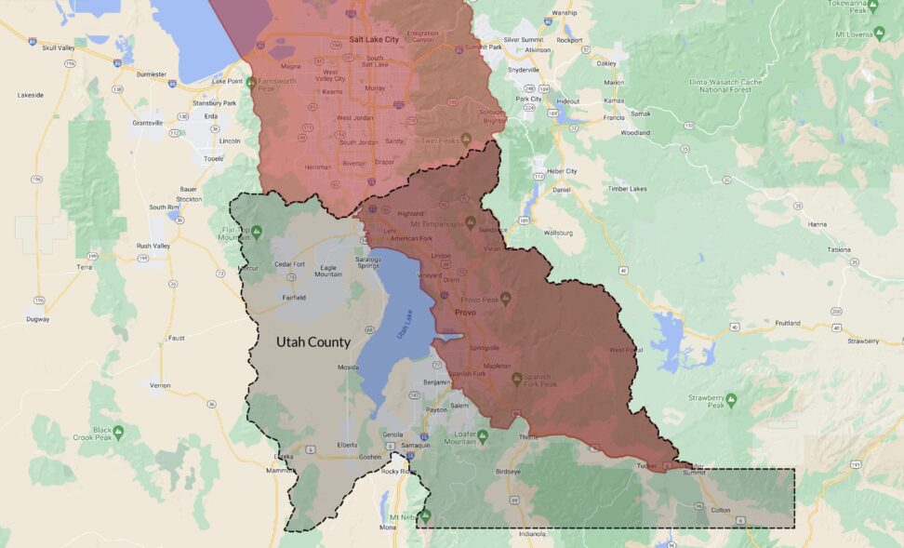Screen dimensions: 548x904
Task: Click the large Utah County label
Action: point(313,342)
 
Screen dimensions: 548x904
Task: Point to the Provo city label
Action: point(464,313)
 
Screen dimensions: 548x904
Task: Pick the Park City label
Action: point(528,99)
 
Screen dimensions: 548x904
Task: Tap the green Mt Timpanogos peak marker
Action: point(471,222)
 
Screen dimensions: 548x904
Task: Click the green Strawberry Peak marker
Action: point(731,400)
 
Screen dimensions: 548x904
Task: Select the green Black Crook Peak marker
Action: point(118,432)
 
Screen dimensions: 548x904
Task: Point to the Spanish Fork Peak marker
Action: point(517,379)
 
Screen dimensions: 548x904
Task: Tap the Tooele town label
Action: point(214,158)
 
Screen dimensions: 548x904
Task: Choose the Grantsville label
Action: point(148,123)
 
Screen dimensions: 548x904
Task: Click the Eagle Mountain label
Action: point(328,271)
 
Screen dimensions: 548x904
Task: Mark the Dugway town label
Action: point(37,318)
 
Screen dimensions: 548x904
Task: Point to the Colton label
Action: point(720,510)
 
